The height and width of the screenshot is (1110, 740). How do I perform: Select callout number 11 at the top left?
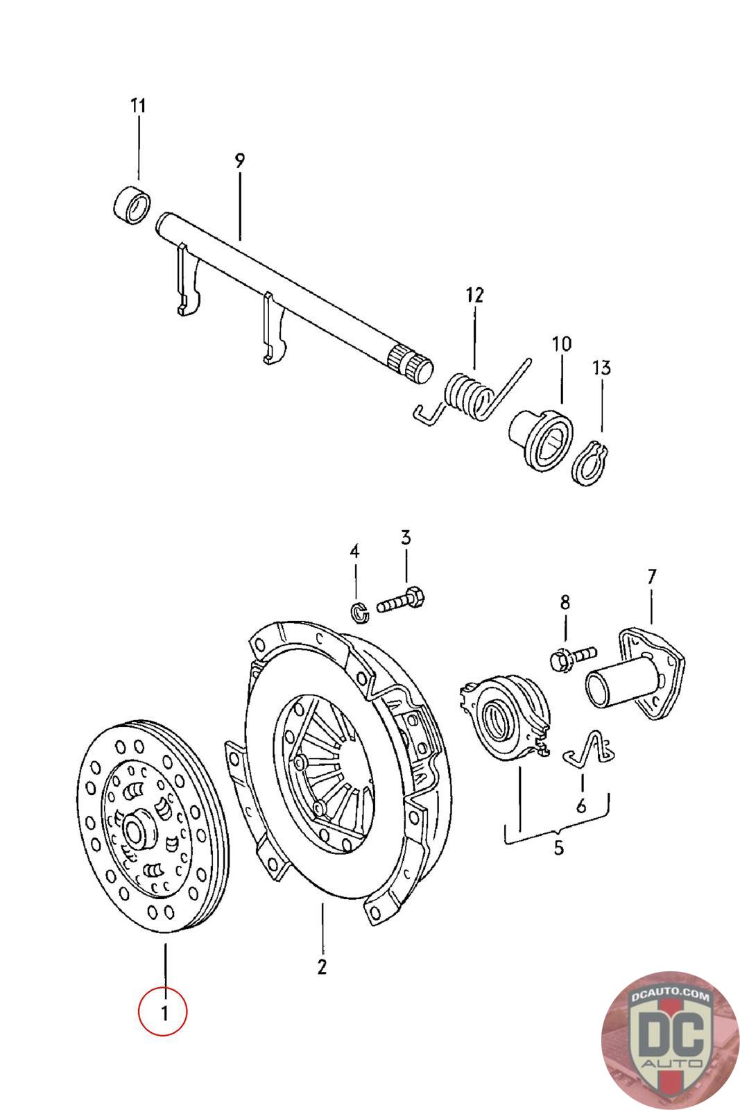pos(138,105)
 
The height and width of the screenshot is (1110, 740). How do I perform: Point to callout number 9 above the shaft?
pos(240,161)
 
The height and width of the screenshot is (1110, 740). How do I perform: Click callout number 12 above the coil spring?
pos(474,295)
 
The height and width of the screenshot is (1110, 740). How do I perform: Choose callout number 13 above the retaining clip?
pos(602,368)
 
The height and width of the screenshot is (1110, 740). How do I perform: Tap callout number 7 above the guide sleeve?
pos(651,577)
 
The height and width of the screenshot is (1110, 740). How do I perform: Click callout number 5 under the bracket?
pos(559,847)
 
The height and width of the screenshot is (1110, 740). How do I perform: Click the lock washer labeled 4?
pos(360,613)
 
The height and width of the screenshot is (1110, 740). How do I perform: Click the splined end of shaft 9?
pos(411,364)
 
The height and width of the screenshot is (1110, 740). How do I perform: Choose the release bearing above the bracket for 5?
pos(505,718)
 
